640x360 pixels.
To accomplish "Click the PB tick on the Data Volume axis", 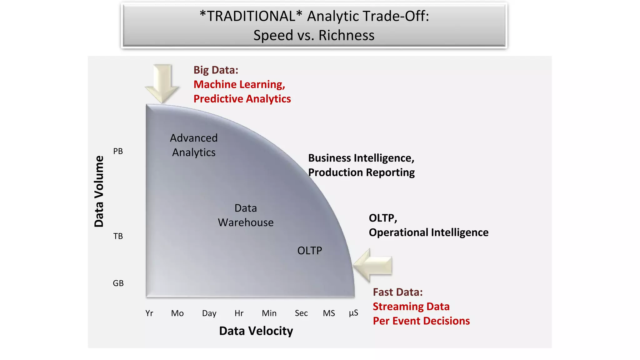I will click(x=118, y=151).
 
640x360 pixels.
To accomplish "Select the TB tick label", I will click(x=118, y=236).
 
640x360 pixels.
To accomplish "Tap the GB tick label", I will click(x=118, y=283).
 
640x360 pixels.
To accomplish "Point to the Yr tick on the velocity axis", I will click(x=149, y=313).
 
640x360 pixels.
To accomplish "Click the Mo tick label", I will click(x=177, y=313).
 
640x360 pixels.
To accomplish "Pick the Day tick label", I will click(x=209, y=313).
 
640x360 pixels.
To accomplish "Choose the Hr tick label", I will click(x=239, y=313).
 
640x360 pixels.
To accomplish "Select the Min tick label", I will click(x=269, y=313).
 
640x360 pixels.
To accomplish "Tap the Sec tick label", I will click(x=301, y=313).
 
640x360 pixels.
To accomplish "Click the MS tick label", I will click(x=329, y=313).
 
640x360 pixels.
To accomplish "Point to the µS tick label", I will click(x=353, y=313).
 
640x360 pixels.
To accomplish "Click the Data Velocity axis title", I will click(x=256, y=331).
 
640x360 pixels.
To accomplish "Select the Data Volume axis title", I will click(x=99, y=191).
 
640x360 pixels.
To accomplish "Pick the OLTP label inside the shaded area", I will click(x=309, y=251).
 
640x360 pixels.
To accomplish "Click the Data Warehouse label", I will click(x=246, y=215).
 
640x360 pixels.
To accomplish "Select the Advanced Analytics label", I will click(x=194, y=145).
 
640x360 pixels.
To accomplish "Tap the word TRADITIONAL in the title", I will click(x=251, y=16).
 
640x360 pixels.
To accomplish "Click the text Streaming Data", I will click(x=411, y=307).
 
